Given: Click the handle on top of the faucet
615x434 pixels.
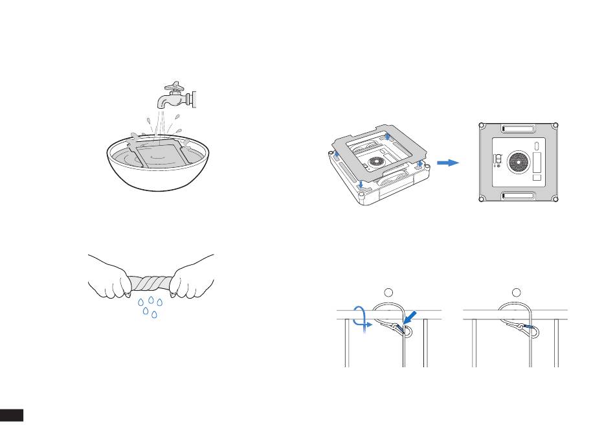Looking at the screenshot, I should pyautogui.click(x=173, y=86).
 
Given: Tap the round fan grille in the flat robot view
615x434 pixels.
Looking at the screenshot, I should pyautogui.click(x=519, y=162).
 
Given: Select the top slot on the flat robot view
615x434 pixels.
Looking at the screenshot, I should pyautogui.click(x=518, y=128).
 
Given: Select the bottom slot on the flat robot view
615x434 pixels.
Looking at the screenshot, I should pyautogui.click(x=518, y=195).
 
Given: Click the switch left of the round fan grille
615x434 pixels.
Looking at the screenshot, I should pyautogui.click(x=498, y=159).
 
